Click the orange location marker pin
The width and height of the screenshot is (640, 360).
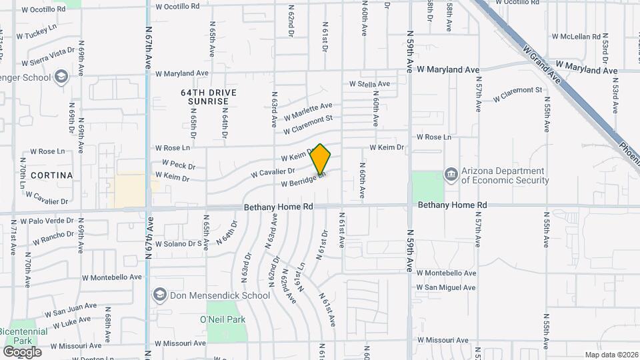[321, 159]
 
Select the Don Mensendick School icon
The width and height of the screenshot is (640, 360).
[159, 294]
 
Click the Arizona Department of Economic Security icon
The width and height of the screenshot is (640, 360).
[451, 174]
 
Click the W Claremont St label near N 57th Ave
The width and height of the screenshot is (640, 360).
[517, 94]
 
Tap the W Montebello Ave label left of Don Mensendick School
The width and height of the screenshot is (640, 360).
[112, 277]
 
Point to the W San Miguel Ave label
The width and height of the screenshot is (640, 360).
[446, 287]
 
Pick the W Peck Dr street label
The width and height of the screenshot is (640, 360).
[179, 165]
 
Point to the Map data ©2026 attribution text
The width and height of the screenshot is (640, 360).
[611, 355]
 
